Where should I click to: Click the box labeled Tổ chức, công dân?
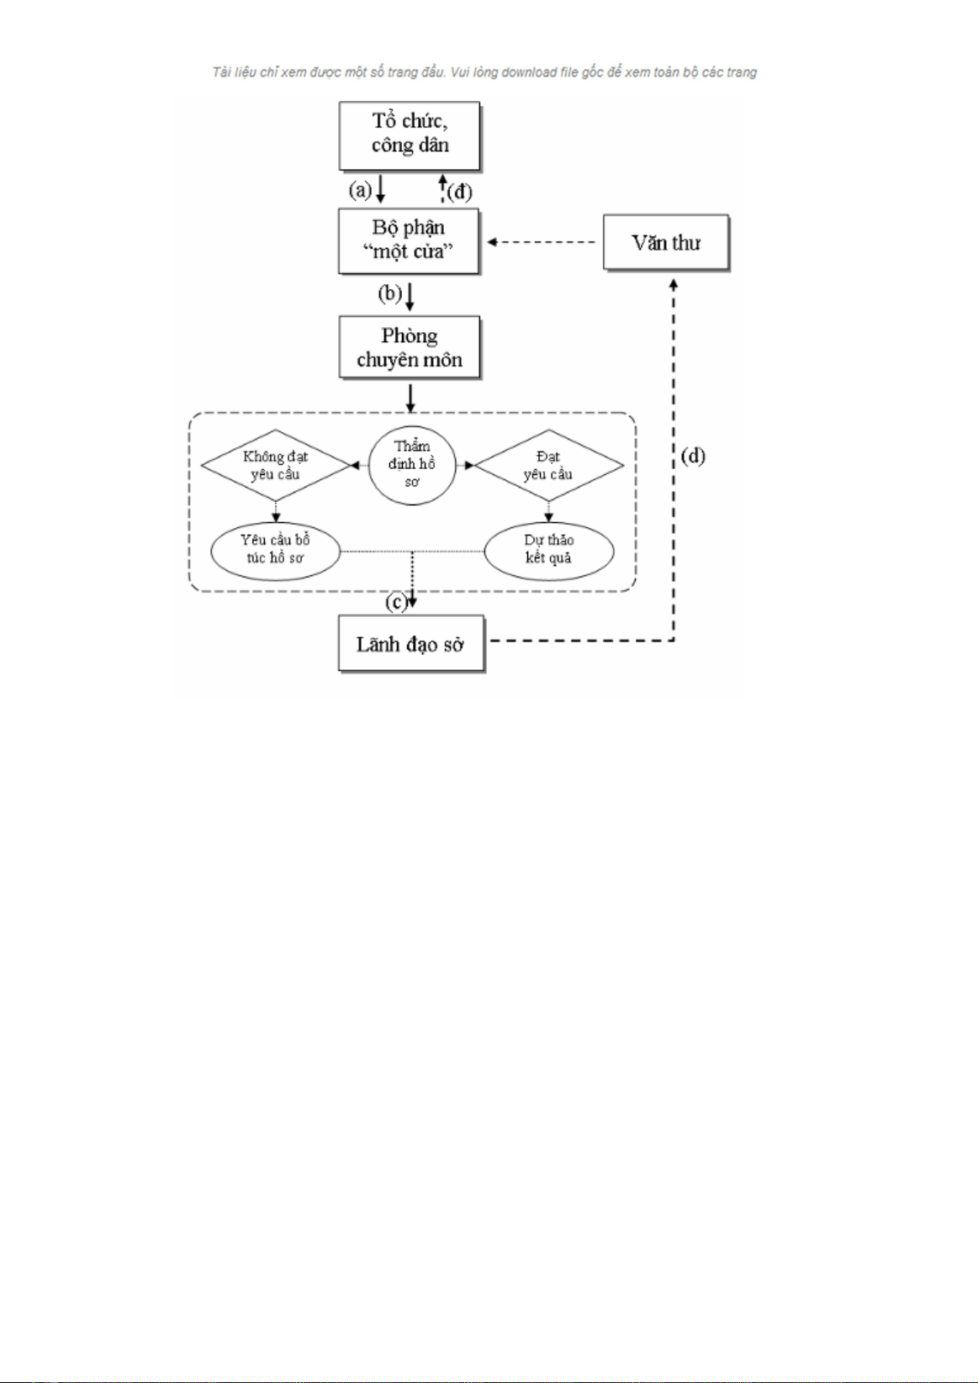pos(410,135)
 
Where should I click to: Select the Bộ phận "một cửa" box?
pos(409,241)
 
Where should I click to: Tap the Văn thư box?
pos(666,243)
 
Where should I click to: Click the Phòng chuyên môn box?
pos(410,347)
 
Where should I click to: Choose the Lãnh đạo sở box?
pos(411,644)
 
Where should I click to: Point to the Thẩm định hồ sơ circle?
pos(412,465)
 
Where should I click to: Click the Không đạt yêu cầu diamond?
pos(275,465)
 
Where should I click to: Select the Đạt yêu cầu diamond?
pos(548,465)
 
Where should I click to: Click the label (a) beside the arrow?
pos(361,190)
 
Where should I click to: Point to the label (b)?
pos(389,293)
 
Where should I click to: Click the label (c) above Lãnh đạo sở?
pos(395,602)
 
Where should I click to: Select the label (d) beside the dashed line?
pos(693,457)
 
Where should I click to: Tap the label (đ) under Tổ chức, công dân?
pos(459,192)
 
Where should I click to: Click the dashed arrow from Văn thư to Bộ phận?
pos(542,242)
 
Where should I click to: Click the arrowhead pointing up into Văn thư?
pos(674,285)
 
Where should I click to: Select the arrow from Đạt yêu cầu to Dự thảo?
pos(548,511)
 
